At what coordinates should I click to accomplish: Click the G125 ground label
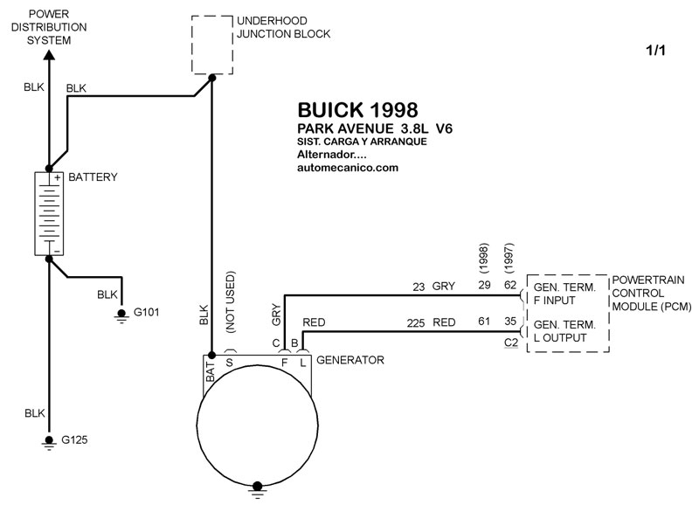(74, 440)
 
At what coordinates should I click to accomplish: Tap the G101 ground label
(146, 312)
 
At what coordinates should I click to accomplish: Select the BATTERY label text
(93, 177)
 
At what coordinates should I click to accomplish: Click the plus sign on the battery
(58, 178)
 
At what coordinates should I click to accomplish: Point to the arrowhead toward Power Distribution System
(49, 55)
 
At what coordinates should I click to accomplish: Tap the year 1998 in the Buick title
(394, 110)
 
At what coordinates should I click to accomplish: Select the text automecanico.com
(348, 168)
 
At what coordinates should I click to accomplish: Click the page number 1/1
(656, 51)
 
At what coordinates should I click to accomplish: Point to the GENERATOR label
(350, 360)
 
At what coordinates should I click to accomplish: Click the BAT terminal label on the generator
(211, 371)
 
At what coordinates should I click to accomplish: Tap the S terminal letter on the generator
(229, 363)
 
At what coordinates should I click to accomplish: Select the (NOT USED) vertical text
(230, 301)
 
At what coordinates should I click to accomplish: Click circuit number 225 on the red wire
(416, 323)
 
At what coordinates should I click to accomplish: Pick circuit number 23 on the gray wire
(419, 287)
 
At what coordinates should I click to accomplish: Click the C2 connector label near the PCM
(511, 342)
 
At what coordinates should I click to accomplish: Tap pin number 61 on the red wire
(484, 322)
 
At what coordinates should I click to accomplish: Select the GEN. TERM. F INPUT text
(564, 294)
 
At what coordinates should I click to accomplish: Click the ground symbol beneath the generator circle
(257, 490)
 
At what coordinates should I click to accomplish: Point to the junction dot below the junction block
(212, 78)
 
